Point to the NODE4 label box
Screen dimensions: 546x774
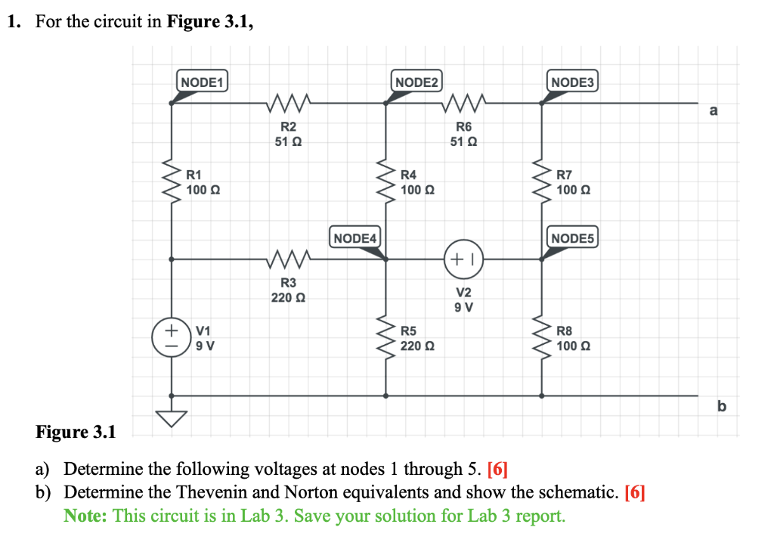tap(355, 238)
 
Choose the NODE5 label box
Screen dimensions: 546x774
tap(573, 238)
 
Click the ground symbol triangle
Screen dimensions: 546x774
tap(171, 418)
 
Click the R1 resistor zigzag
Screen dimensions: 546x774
tap(171, 181)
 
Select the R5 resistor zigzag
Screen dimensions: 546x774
tap(387, 338)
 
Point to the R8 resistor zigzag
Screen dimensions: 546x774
tap(541, 338)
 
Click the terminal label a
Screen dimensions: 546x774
tap(714, 111)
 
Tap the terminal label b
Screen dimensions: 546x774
tap(720, 407)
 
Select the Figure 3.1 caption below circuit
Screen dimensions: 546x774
tap(76, 433)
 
